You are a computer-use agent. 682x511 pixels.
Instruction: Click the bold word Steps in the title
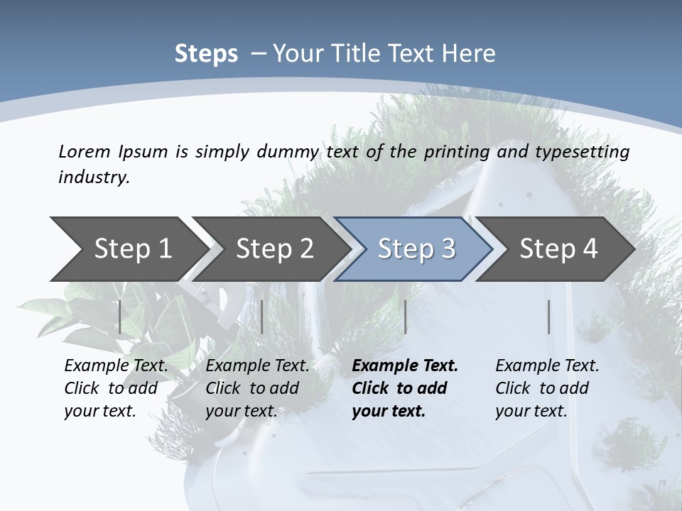point(206,54)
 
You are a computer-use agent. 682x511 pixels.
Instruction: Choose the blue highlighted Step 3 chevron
point(416,248)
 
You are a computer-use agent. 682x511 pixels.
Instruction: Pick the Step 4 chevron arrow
point(558,248)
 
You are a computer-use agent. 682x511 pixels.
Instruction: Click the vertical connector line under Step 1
point(119,317)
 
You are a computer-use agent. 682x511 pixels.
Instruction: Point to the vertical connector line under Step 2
point(262,317)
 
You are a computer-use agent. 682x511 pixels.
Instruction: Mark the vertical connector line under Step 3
point(405,317)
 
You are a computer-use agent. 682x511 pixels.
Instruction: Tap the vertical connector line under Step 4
point(548,317)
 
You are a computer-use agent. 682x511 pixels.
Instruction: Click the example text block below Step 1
point(116,388)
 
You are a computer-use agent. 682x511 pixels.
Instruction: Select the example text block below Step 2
point(257,388)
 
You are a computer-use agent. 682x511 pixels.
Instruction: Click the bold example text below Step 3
point(405,388)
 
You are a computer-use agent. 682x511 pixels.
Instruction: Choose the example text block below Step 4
point(547,388)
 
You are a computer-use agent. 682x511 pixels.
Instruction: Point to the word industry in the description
point(94,177)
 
